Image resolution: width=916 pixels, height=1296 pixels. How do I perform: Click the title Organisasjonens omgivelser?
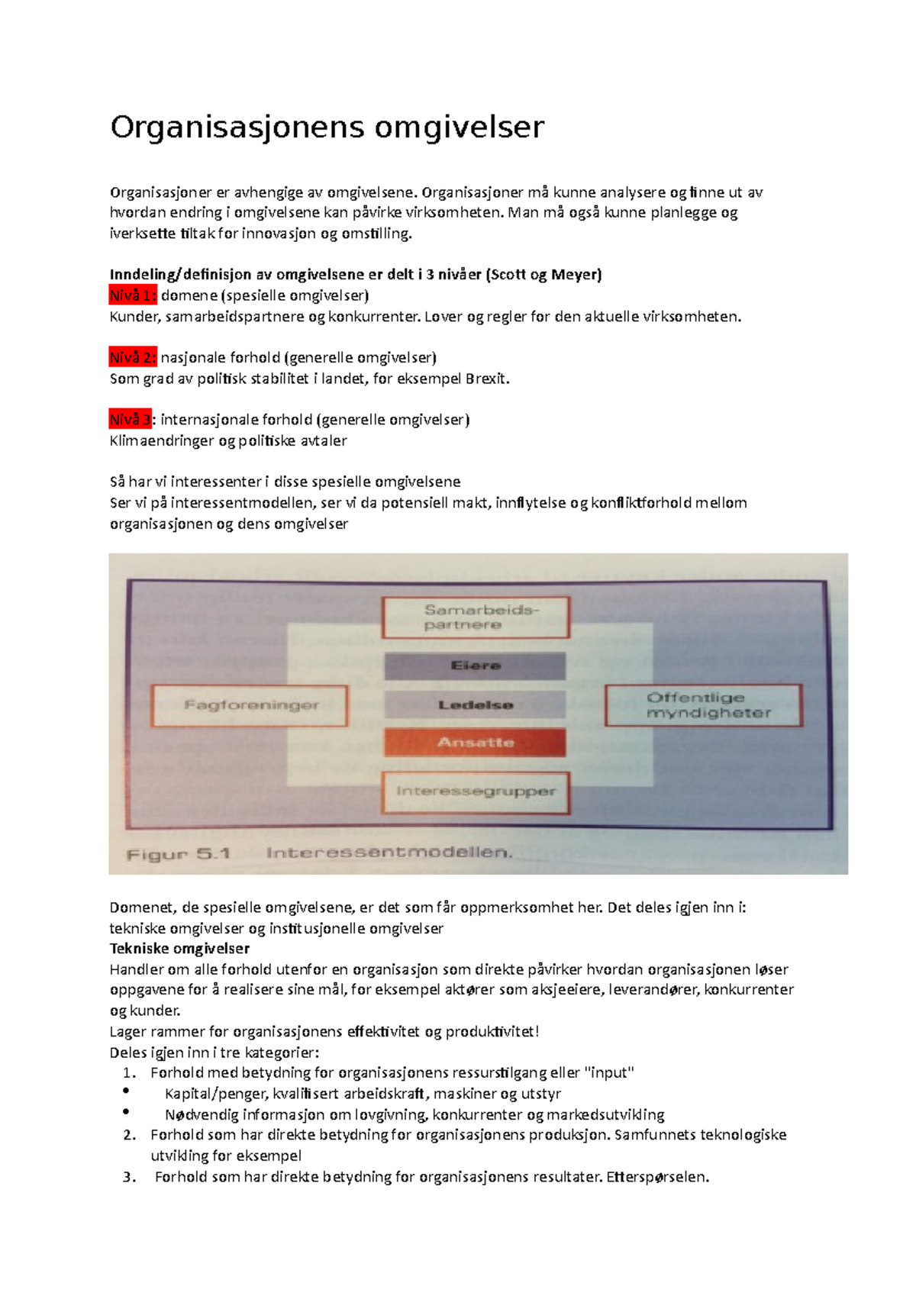327,127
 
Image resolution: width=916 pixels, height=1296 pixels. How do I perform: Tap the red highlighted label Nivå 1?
133,295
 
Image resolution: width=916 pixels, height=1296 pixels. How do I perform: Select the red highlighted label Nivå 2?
133,357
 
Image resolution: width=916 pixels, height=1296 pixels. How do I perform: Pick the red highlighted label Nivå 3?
131,419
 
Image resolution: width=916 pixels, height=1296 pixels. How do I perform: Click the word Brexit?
486,379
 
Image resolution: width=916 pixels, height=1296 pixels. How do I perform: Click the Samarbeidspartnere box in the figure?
476,617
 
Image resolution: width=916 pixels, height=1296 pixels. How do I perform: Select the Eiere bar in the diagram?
475,666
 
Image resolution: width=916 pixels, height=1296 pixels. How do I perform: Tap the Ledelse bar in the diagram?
475,704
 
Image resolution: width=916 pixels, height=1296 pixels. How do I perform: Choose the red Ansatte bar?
475,742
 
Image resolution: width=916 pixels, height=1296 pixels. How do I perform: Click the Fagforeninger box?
250,705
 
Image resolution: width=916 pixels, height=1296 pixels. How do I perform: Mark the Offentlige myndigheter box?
703,705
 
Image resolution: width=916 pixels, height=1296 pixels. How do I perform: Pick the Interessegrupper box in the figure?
476,791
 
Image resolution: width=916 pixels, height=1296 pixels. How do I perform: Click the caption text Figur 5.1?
178,854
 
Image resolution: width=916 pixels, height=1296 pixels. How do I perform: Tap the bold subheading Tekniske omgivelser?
179,949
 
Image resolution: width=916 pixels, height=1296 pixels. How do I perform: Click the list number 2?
129,1135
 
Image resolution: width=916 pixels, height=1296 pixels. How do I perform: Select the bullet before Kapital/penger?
126,1091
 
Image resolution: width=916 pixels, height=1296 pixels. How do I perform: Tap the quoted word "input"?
608,1072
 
